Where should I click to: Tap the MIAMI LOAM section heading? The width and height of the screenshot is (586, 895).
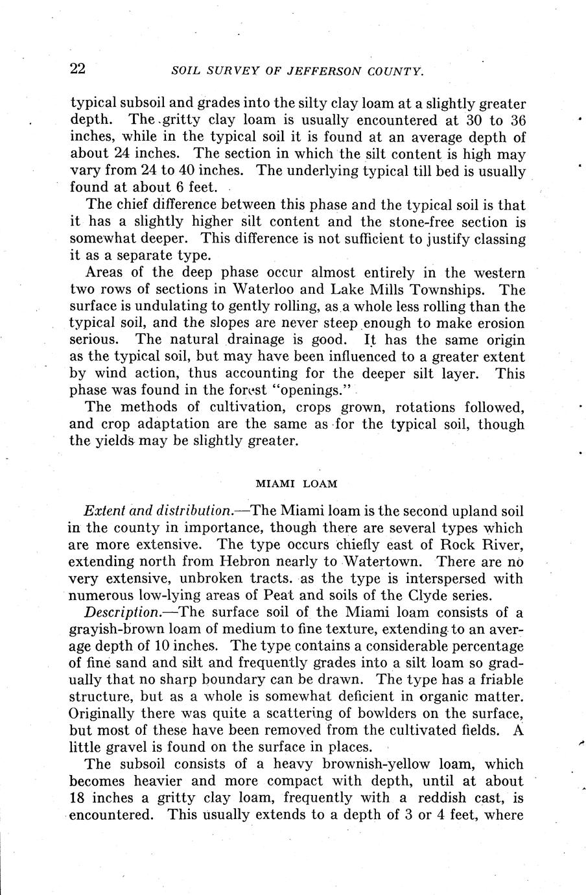coord(296,483)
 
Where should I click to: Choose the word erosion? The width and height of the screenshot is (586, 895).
coord(498,323)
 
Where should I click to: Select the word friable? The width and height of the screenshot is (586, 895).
coord(500,680)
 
